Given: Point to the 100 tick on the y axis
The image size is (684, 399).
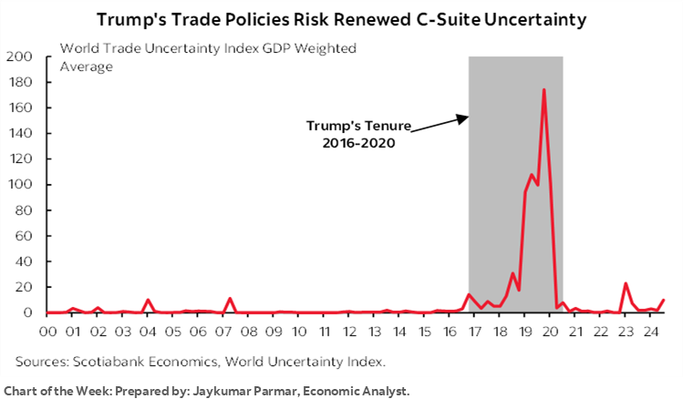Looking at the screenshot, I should click(x=25, y=185).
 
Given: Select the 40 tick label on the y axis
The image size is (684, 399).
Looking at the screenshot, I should click(x=27, y=261).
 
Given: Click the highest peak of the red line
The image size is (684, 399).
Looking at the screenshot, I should click(x=544, y=89).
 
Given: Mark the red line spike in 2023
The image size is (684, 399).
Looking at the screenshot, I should click(x=626, y=283).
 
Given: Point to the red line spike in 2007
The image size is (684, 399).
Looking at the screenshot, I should click(x=230, y=298).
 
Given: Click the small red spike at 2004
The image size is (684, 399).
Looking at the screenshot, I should click(x=148, y=300).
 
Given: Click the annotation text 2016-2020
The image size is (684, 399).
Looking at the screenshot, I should click(x=349, y=143).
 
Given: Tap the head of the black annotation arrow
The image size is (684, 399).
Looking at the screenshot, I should click(x=466, y=117).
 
